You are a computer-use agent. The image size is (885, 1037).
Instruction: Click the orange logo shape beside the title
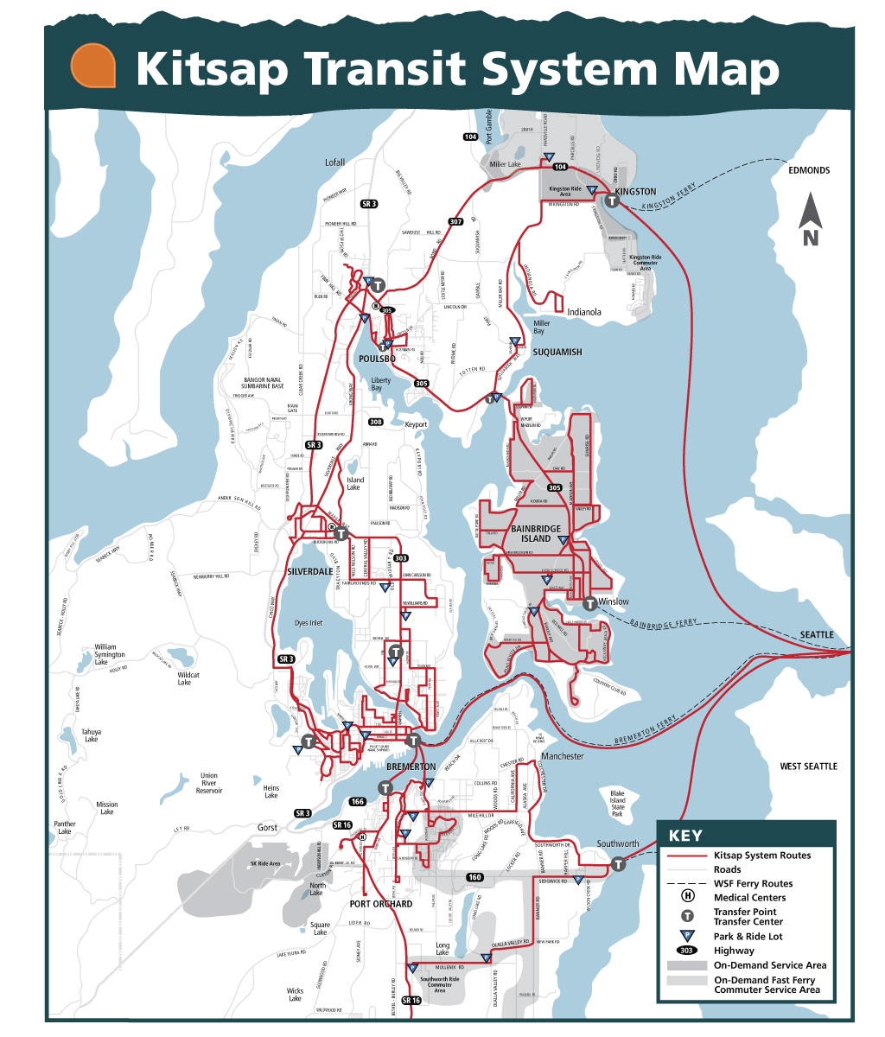(x=93, y=67)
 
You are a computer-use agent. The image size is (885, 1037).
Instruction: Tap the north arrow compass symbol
(x=810, y=221)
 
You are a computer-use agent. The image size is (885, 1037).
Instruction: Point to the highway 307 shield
(x=455, y=222)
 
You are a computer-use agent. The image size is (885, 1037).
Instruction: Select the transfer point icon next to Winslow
(x=589, y=602)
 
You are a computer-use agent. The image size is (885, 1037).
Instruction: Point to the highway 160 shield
(x=474, y=877)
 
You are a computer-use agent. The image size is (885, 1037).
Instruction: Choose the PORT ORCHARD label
(x=381, y=904)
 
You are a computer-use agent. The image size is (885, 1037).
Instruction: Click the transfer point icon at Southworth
(x=619, y=863)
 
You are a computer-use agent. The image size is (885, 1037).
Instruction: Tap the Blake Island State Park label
(x=617, y=804)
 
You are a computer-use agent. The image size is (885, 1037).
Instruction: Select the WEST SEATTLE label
(x=808, y=767)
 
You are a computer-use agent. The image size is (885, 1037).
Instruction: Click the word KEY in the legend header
(x=685, y=836)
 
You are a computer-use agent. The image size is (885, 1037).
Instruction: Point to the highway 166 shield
(x=357, y=802)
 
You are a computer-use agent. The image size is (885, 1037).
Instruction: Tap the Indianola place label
(x=584, y=312)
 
